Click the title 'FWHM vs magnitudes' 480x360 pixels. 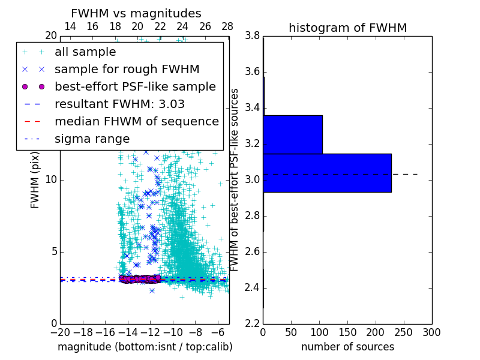pyautogui.click(x=136, y=13)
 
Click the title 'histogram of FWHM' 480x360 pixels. pyautogui.click(x=347, y=28)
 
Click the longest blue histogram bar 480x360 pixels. pyautogui.click(x=327, y=173)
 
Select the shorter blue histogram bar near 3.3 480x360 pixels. pyautogui.click(x=293, y=134)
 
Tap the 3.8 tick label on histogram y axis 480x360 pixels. pyautogui.click(x=253, y=36)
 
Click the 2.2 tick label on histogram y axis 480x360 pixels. pyautogui.click(x=253, y=323)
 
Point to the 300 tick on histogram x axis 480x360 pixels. pyautogui.click(x=431, y=332)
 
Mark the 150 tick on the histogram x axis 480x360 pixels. pyautogui.click(x=347, y=332)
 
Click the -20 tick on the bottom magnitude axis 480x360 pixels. pyautogui.click(x=60, y=332)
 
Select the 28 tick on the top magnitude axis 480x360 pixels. pyautogui.click(x=227, y=26)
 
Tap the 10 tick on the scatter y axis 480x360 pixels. pyautogui.click(x=51, y=180)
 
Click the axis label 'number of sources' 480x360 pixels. pyautogui.click(x=347, y=347)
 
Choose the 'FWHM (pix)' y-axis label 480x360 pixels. pyautogui.click(x=35, y=180)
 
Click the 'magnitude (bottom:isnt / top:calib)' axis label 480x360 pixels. pyautogui.click(x=145, y=347)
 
